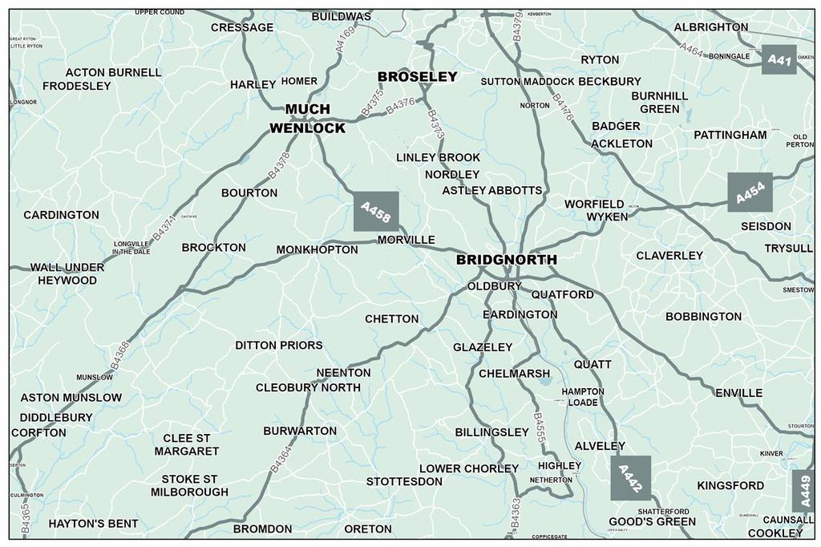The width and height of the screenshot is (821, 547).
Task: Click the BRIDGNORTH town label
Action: coord(506,261)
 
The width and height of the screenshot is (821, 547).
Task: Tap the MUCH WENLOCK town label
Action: coord(307,119)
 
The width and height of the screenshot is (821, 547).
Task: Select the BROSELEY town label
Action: coord(417,77)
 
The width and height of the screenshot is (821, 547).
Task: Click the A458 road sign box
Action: coord(376,212)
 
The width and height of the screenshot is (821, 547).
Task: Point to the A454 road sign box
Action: coord(750,192)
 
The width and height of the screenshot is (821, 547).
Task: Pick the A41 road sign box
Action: coord(779,59)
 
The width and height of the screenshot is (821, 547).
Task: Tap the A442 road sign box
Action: coord(630,478)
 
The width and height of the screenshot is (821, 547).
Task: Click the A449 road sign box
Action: coord(803,491)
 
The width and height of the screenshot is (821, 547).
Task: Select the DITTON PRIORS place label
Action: coord(279,346)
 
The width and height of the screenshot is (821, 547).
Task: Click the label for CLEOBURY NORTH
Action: coord(308,387)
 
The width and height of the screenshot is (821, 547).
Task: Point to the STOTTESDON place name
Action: coord(404,481)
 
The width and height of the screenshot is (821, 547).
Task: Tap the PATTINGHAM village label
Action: coord(730,135)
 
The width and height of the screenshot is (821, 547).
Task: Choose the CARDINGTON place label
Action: coord(62,215)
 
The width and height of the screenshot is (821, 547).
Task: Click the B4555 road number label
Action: coord(539,427)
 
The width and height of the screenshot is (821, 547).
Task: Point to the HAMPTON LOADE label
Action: coord(583,396)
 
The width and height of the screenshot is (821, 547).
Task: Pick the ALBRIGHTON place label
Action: coord(711,27)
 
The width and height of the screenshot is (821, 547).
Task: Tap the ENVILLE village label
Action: coord(738,393)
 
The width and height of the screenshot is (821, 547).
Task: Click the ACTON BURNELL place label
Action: coord(113,72)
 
